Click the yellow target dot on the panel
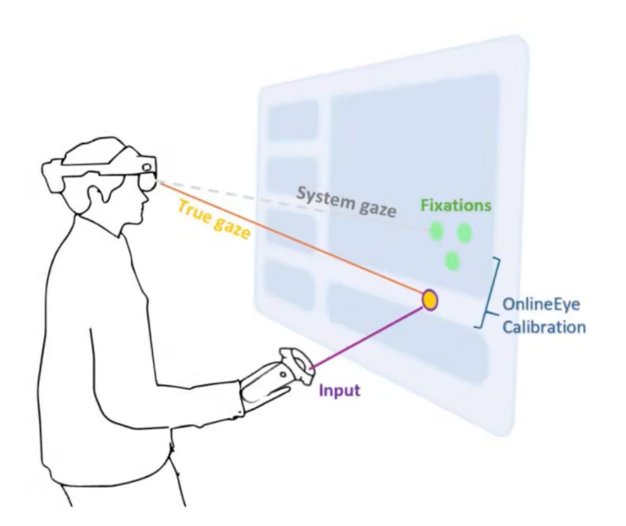[430, 300]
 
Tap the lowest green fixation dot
[453, 261]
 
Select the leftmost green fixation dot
[436, 232]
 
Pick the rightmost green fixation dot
[464, 234]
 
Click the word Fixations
[455, 206]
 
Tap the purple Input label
[339, 390]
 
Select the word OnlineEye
[541, 304]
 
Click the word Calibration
[544, 327]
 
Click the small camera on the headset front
[147, 167]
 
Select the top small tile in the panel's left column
[293, 118]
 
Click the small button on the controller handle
[283, 375]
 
